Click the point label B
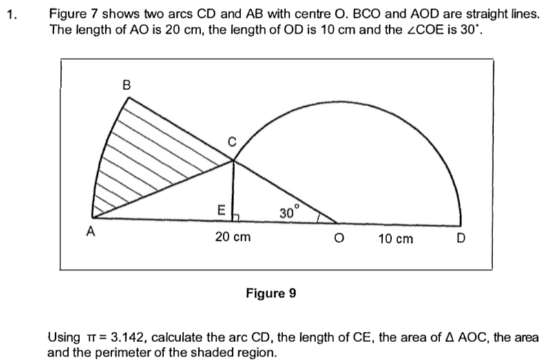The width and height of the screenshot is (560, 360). pos(127,85)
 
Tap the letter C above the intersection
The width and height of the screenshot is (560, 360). pos(232,142)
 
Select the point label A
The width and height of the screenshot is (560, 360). pos(91,232)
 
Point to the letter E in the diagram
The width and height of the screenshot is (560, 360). pos(221,210)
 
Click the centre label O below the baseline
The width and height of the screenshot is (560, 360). pos(339,238)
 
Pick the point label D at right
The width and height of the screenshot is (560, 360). pos(461,238)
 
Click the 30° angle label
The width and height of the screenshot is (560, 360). pos(289,212)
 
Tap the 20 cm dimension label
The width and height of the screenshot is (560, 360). pos(233,237)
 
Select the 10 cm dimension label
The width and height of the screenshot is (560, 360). pos(395,239)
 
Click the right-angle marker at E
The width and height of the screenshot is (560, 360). pos(236,218)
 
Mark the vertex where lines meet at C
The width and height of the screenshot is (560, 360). pos(234,160)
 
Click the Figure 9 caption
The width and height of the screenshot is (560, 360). pos(271,293)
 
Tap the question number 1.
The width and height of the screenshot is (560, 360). pos(12,14)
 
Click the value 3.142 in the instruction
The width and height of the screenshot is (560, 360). pos(128,337)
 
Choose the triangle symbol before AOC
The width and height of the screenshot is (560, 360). pos(450,337)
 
